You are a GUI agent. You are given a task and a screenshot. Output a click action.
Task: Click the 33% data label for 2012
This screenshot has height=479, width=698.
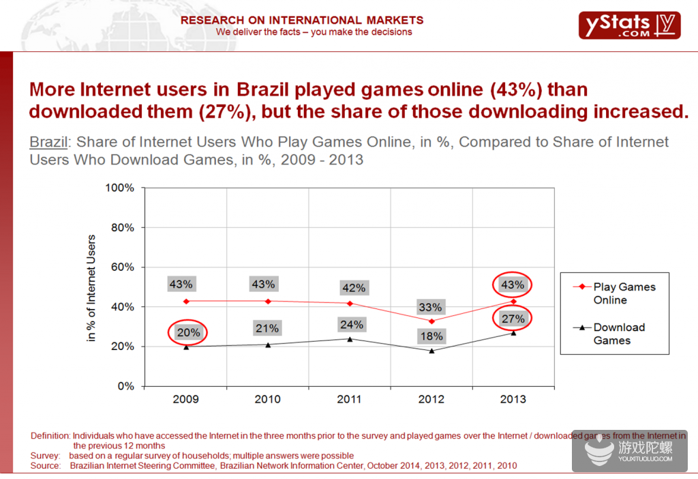[x=431, y=307]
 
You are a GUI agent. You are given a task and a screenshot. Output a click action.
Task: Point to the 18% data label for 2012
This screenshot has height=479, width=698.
[x=431, y=336]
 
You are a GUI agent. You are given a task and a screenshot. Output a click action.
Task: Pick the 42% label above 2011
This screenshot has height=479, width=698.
[x=353, y=288]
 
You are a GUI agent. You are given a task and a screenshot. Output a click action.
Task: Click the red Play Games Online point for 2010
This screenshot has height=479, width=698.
[x=268, y=301]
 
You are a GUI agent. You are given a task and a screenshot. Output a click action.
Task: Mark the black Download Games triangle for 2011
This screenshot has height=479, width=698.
[x=350, y=338]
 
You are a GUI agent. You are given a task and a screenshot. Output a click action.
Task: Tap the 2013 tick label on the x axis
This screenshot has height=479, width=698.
[x=513, y=399]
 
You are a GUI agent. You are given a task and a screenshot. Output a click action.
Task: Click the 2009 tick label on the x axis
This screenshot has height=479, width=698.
[x=186, y=399]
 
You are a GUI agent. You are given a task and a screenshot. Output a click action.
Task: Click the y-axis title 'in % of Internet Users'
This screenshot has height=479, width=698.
[x=92, y=288]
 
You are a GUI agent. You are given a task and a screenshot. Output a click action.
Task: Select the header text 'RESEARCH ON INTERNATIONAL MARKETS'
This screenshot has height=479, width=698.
[x=302, y=20]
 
